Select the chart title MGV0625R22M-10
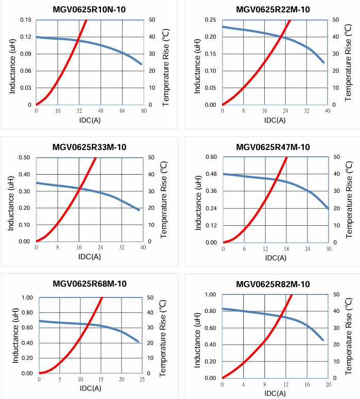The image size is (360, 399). click(x=273, y=9)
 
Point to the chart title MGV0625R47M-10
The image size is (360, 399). click(x=273, y=147)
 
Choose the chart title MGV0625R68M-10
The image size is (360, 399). click(x=90, y=284)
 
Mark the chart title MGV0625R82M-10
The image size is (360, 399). click(x=273, y=284)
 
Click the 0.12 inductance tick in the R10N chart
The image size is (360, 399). click(x=26, y=37)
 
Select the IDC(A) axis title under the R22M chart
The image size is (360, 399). click(x=275, y=120)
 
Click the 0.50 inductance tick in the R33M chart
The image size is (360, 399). click(x=24, y=157)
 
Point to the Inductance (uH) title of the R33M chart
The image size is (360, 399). click(x=12, y=199)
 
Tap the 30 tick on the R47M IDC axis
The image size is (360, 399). click(x=328, y=248)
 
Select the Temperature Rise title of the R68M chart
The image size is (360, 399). click(x=165, y=335)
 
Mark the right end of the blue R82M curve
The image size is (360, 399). click(x=323, y=340)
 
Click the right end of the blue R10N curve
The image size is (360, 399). click(x=141, y=64)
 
